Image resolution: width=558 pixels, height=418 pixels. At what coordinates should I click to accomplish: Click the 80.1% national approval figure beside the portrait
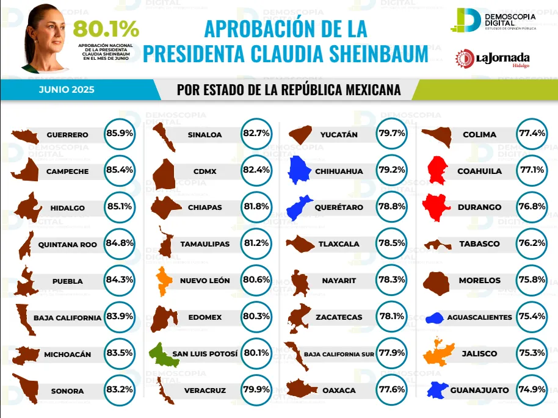pos(106,29)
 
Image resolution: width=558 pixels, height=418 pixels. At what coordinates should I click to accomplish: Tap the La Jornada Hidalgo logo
pos(493,59)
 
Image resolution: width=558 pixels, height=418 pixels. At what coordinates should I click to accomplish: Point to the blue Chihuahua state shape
pos(300,170)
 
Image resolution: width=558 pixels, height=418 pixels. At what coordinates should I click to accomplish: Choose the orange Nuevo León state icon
pos(164,280)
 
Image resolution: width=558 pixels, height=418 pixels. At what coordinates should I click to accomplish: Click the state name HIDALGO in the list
pos(67,207)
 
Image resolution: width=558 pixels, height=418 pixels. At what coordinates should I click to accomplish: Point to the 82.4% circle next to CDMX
pos(256,171)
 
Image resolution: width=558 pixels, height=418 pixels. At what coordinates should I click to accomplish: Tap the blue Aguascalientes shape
pos(435,317)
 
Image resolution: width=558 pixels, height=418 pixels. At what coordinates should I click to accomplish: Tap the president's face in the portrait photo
pos(49,26)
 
